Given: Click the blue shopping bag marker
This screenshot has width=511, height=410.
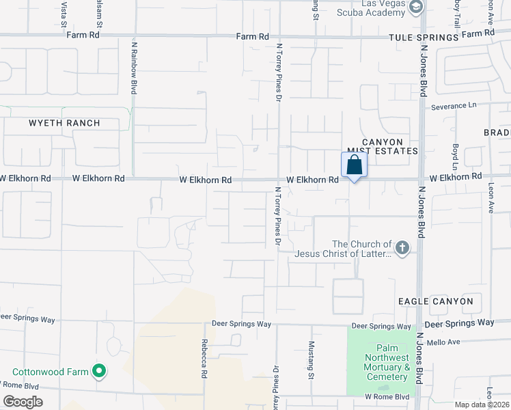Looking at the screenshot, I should click(x=354, y=165).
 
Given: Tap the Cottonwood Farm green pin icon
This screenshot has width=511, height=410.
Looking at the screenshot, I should click(x=99, y=372).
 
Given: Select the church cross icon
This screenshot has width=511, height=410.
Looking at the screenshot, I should click(x=402, y=247).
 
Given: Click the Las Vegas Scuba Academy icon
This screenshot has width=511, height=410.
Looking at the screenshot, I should click(x=417, y=8).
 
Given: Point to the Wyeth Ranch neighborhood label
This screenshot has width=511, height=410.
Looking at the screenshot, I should click(x=64, y=124).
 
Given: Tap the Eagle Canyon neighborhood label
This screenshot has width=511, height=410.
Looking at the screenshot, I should click(x=436, y=301).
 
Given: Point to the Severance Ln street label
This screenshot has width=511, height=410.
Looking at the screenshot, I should click(x=454, y=106).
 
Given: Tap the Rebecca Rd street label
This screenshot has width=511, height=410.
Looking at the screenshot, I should click(x=204, y=359).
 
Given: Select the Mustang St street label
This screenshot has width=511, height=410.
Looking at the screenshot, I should click(x=311, y=360).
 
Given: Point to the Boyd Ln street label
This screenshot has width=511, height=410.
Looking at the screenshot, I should click(x=455, y=157).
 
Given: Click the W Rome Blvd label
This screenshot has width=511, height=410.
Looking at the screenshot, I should click(x=387, y=396).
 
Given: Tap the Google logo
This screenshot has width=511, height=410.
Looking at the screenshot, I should click(x=23, y=402).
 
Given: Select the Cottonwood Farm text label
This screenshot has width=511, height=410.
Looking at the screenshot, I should click(x=51, y=372).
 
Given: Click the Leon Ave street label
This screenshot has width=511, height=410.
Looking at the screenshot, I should click(x=491, y=198).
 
